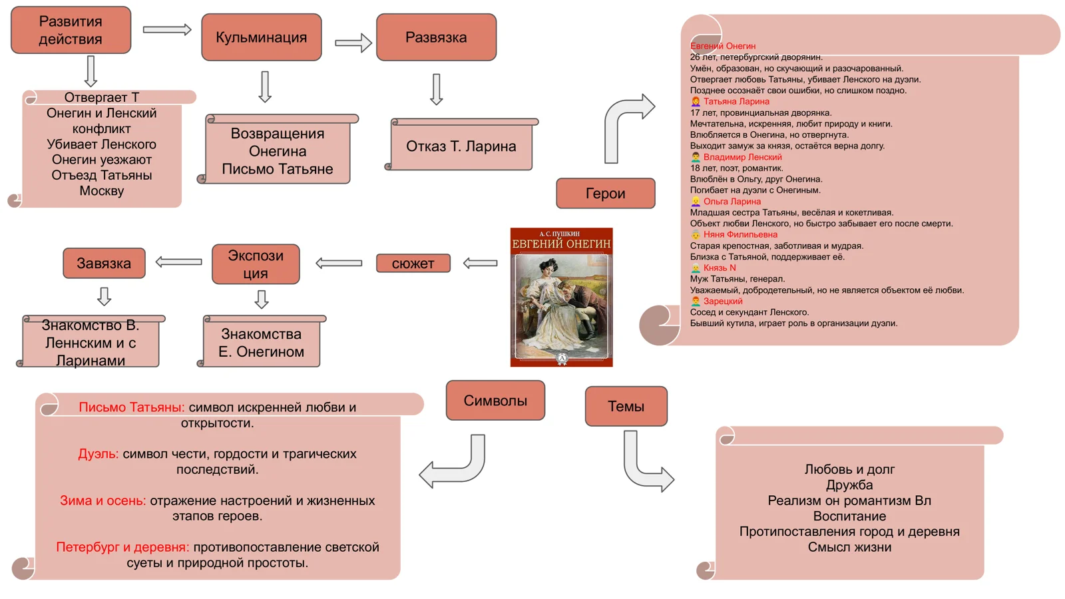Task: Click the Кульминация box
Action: tap(261, 37)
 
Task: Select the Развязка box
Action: tap(436, 37)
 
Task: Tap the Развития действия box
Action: tap(71, 30)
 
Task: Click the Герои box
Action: tap(605, 193)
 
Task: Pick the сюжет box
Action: tap(413, 264)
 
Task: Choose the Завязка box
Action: tap(104, 263)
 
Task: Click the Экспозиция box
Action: tap(256, 264)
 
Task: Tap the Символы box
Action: tap(495, 401)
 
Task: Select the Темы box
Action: tap(626, 406)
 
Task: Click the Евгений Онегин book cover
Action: tap(561, 297)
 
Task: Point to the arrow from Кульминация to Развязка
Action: tap(353, 43)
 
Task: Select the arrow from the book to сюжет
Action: tap(480, 264)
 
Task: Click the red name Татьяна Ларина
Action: tap(736, 102)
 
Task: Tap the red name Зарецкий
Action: tap(723, 301)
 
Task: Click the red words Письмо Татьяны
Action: tap(131, 407)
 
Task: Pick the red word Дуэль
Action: tap(98, 454)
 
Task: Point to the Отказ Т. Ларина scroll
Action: tap(461, 146)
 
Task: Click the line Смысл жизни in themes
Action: tap(849, 547)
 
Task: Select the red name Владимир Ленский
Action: tap(742, 157)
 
